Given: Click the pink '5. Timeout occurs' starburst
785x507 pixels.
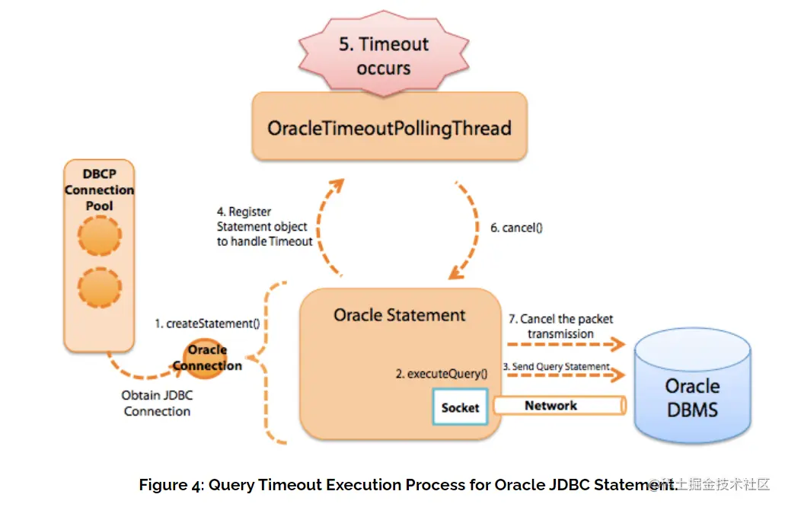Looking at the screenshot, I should tap(384, 56).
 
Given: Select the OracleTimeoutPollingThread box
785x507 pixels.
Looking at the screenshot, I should tap(389, 127).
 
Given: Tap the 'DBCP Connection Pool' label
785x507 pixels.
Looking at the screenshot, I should tap(99, 190).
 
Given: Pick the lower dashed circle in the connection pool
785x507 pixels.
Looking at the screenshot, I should tap(100, 287).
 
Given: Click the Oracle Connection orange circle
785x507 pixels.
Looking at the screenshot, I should tap(207, 358).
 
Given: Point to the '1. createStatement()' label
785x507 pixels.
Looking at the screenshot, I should tap(207, 324).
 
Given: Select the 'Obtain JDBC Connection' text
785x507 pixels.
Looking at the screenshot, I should tap(156, 403).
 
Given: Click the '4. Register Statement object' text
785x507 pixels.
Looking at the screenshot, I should tap(263, 227).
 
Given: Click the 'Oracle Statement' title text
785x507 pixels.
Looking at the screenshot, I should tap(399, 314).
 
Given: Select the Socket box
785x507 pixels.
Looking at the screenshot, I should tap(460, 407).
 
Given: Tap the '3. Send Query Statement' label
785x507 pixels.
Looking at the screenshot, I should tap(560, 367).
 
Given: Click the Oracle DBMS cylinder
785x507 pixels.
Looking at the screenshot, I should tap(691, 388).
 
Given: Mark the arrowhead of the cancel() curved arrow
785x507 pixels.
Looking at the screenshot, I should tap(458, 270).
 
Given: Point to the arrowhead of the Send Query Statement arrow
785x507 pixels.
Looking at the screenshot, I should tap(618, 375).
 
